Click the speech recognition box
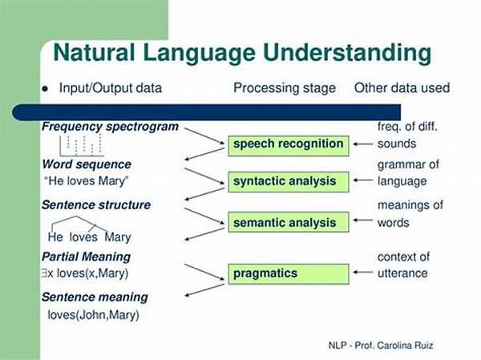tap(289, 146)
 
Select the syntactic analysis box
tap(289, 182)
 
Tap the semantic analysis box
tap(289, 222)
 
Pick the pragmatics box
tap(289, 273)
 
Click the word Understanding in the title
tap(347, 54)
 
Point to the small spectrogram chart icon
tap(82, 145)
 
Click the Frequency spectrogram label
tap(110, 127)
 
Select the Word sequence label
tap(87, 164)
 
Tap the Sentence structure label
tap(96, 205)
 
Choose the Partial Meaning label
tap(87, 257)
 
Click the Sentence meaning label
tap(95, 297)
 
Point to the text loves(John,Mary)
tap(94, 315)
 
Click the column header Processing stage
tap(285, 88)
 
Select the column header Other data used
tap(402, 88)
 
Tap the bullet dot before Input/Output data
tap(45, 89)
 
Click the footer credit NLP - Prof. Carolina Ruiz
tap(381, 346)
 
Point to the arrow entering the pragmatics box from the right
tap(363, 273)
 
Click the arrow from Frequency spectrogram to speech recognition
tap(204, 136)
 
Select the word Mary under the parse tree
tap(118, 237)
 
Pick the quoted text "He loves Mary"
tap(87, 181)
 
